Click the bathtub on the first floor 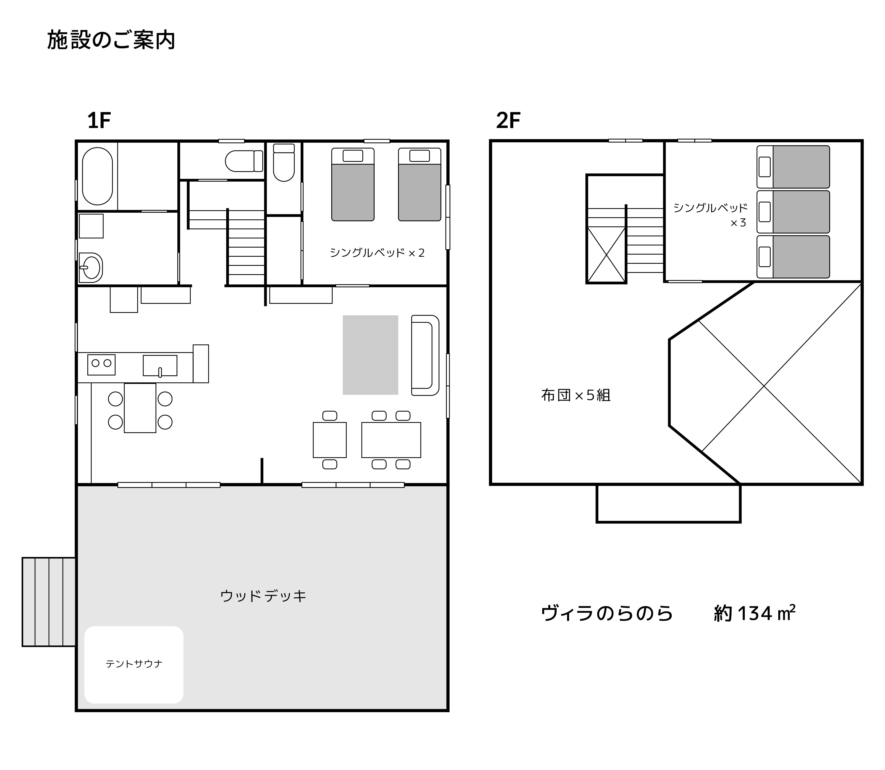coord(97,176)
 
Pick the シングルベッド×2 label coord(377,253)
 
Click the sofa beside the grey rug coord(425,355)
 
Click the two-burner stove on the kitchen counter coord(101,364)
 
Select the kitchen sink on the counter coord(160,365)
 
